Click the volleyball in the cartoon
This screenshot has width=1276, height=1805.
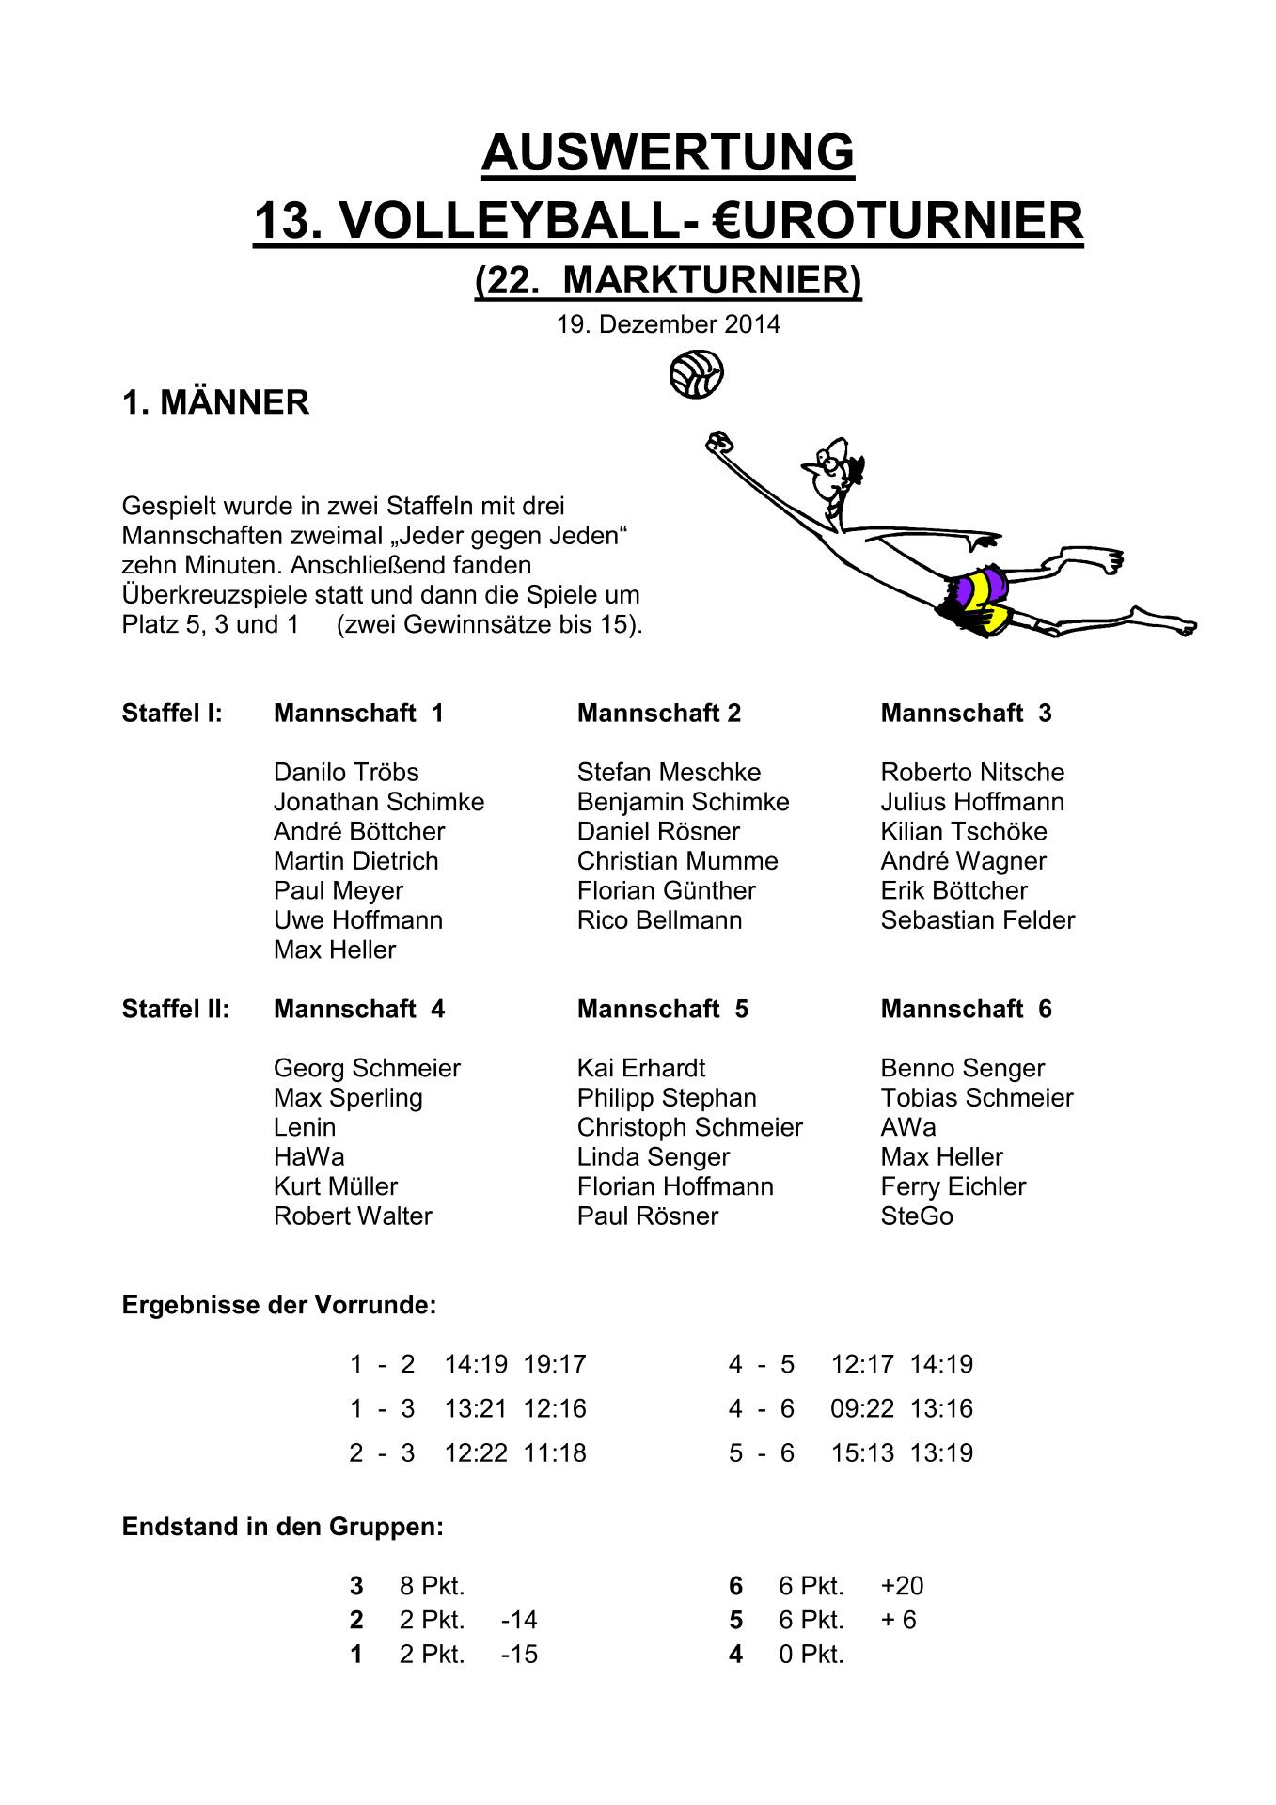[696, 375]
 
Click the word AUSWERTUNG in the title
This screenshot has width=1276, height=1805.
[668, 151]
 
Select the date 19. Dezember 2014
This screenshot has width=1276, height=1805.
[668, 324]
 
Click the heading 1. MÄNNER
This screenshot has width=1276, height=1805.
[215, 403]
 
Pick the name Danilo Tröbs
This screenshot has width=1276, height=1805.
[346, 773]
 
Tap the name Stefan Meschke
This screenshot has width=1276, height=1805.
[669, 773]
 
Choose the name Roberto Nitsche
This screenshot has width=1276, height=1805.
[972, 773]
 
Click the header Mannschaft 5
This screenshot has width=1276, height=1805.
[663, 1010]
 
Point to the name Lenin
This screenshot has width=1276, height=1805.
[305, 1127]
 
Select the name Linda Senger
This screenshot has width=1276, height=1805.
[654, 1157]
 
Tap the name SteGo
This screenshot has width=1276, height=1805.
[917, 1216]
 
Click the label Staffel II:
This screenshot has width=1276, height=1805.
[176, 1010]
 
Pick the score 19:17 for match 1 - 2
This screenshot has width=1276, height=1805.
[555, 1364]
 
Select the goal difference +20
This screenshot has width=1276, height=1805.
[902, 1587]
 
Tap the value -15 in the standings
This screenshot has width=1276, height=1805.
[519, 1655]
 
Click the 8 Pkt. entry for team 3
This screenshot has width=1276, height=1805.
[433, 1587]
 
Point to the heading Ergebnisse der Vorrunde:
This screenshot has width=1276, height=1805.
[279, 1306]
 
